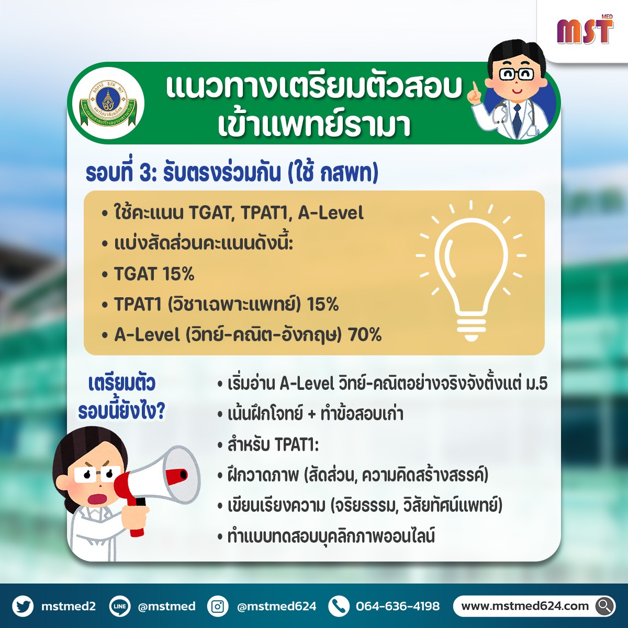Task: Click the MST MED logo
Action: (x=585, y=30)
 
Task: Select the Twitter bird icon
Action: (x=23, y=606)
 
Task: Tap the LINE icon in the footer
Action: (x=120, y=606)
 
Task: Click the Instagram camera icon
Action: (x=218, y=606)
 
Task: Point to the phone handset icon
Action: (x=339, y=606)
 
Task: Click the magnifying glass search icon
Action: (x=605, y=606)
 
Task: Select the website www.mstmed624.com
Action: (x=525, y=606)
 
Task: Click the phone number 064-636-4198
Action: (x=398, y=606)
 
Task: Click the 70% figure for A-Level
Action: (x=365, y=334)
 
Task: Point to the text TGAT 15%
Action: (x=154, y=273)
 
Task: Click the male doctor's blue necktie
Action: (x=517, y=119)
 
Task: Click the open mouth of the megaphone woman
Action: (x=98, y=499)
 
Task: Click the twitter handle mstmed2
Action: (x=69, y=606)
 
